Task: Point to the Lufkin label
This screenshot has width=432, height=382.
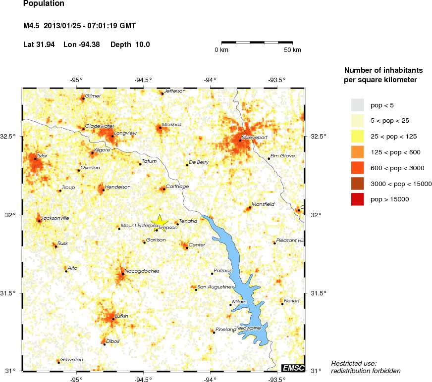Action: pyautogui.click(x=121, y=316)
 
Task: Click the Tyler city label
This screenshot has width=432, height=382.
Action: pyautogui.click(x=43, y=156)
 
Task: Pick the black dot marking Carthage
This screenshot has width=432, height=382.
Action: pyautogui.click(x=164, y=189)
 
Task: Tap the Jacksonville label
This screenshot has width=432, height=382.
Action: pyautogui.click(x=55, y=218)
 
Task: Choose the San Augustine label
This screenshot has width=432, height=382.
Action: pyautogui.click(x=215, y=287)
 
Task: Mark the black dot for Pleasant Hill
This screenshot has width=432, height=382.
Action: pyautogui.click(x=274, y=243)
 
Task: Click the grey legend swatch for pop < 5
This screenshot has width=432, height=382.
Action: pyautogui.click(x=358, y=105)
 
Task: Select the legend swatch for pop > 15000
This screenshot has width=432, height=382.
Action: pyautogui.click(x=358, y=199)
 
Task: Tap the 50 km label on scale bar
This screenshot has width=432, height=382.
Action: pyautogui.click(x=292, y=50)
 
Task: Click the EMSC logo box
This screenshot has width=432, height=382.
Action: pyautogui.click(x=293, y=368)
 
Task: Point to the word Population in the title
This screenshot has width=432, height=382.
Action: pyautogui.click(x=44, y=3)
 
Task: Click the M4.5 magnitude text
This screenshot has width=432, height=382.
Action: pyautogui.click(x=32, y=25)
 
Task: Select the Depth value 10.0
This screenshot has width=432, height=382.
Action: pyautogui.click(x=143, y=45)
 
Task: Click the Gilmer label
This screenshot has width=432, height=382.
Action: pyautogui.click(x=93, y=95)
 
